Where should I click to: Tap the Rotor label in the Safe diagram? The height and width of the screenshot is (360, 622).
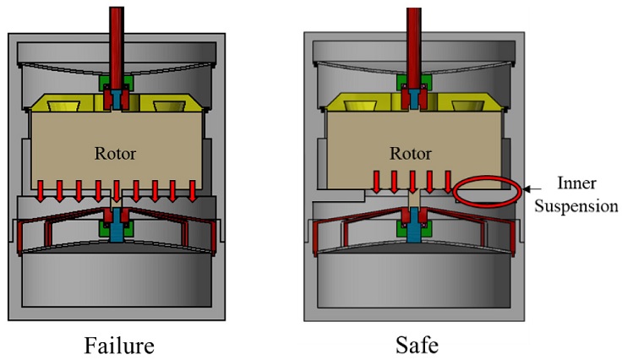[410, 153]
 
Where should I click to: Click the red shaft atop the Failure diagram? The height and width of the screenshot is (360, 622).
[116, 38]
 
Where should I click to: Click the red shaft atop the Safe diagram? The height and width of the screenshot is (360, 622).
[413, 38]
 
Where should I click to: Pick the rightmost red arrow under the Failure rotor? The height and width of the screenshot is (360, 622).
[194, 191]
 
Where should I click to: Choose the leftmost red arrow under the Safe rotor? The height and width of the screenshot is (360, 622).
[376, 182]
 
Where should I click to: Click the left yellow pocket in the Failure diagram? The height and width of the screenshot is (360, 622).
[65, 106]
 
